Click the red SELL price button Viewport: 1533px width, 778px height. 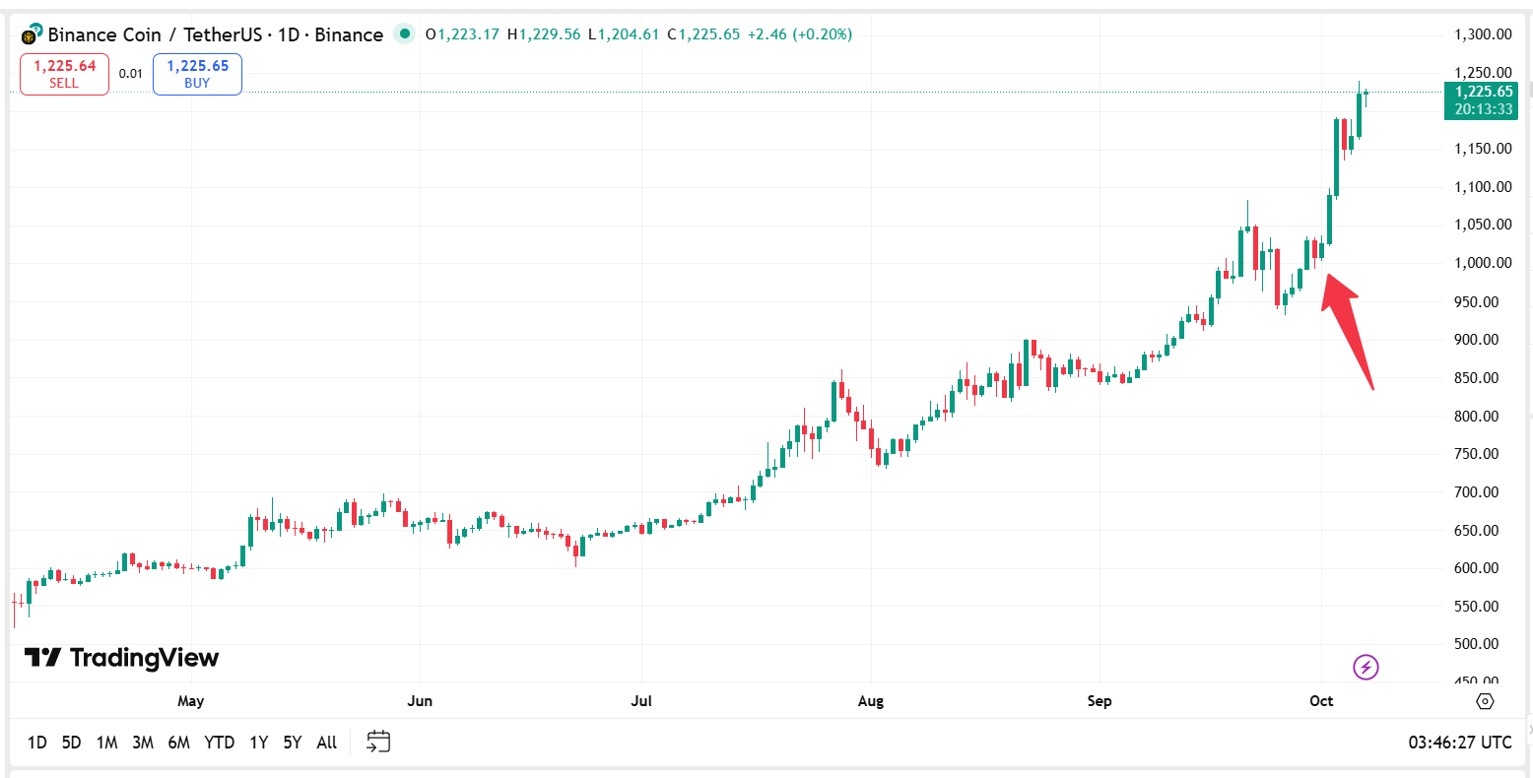64,74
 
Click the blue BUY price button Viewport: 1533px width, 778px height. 197,74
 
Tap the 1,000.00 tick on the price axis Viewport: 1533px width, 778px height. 1483,263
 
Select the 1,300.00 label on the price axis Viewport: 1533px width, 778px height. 1483,34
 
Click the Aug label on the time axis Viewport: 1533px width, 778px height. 871,701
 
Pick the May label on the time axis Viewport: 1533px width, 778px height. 190,701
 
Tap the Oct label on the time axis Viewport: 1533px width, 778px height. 1321,701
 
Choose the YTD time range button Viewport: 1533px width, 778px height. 219,743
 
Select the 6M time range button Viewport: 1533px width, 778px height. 178,743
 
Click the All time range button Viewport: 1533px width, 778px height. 327,743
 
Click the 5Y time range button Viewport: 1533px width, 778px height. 292,743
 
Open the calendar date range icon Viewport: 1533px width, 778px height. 378,742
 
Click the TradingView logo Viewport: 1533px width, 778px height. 122,658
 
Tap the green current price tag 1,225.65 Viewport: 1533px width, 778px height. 1481,100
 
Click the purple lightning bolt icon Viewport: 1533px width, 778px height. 1366,668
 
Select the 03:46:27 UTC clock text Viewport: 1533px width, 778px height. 1459,743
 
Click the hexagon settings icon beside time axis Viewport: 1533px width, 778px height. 1486,701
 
